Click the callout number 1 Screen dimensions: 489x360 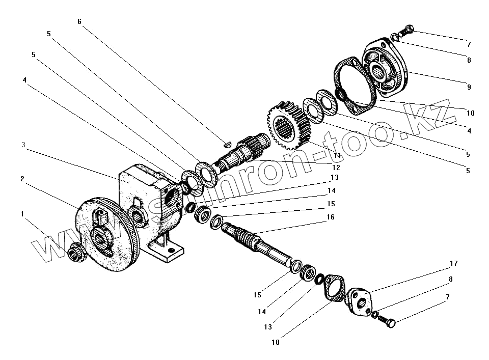(22, 214)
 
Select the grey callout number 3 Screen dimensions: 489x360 (23, 145)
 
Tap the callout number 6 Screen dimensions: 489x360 (79, 21)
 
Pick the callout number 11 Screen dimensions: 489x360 (337, 155)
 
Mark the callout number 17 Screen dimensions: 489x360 (453, 263)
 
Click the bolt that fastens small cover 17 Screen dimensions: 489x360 (387, 322)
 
